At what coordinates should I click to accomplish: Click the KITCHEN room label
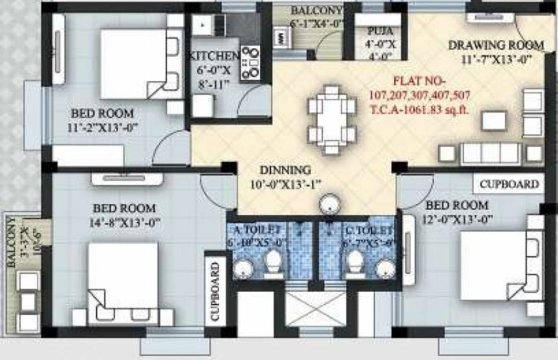213,56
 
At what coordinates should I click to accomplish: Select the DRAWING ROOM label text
496,45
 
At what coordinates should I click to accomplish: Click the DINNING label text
285,170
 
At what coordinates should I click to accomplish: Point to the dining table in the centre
332,120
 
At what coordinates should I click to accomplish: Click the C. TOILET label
369,230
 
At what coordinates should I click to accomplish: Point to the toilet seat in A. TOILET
273,262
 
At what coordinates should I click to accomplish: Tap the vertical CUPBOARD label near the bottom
215,291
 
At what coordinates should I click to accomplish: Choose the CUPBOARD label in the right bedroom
509,184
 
